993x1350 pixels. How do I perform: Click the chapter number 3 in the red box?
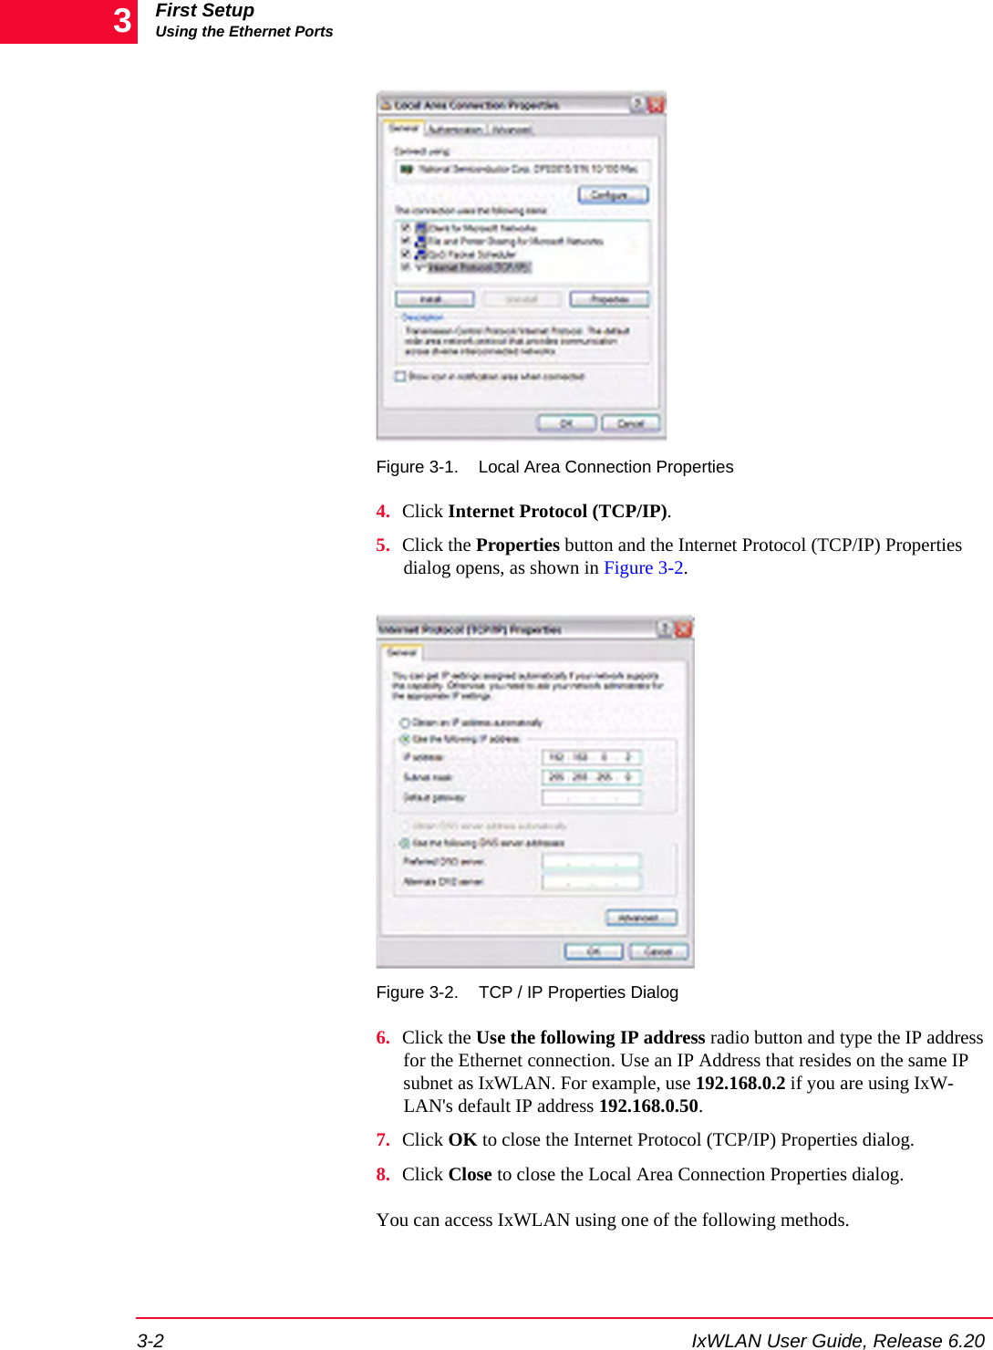pos(122,21)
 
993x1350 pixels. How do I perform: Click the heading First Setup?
pos(204,11)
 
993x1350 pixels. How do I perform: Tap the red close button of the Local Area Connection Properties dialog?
pos(656,105)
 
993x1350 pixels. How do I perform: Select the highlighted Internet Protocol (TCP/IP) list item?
pos(478,267)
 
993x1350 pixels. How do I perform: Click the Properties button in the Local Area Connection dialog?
pos(609,299)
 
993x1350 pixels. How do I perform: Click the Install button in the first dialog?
pos(434,299)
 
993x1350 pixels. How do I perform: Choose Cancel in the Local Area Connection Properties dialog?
pos(631,423)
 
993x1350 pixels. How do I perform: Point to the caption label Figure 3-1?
pos(417,467)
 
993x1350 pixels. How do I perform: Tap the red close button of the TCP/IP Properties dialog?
pos(683,628)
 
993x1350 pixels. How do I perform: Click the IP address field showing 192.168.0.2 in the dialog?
pos(592,757)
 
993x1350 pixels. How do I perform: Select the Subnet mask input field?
pos(592,777)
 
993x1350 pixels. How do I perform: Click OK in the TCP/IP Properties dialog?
pos(593,951)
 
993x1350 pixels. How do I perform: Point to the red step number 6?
pos(383,1038)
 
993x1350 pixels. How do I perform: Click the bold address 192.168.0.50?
pos(647,1106)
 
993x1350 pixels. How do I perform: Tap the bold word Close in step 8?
pos(470,1175)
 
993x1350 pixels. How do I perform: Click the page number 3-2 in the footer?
pos(150,1340)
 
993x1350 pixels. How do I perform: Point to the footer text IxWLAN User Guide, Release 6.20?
pos(837,1340)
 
